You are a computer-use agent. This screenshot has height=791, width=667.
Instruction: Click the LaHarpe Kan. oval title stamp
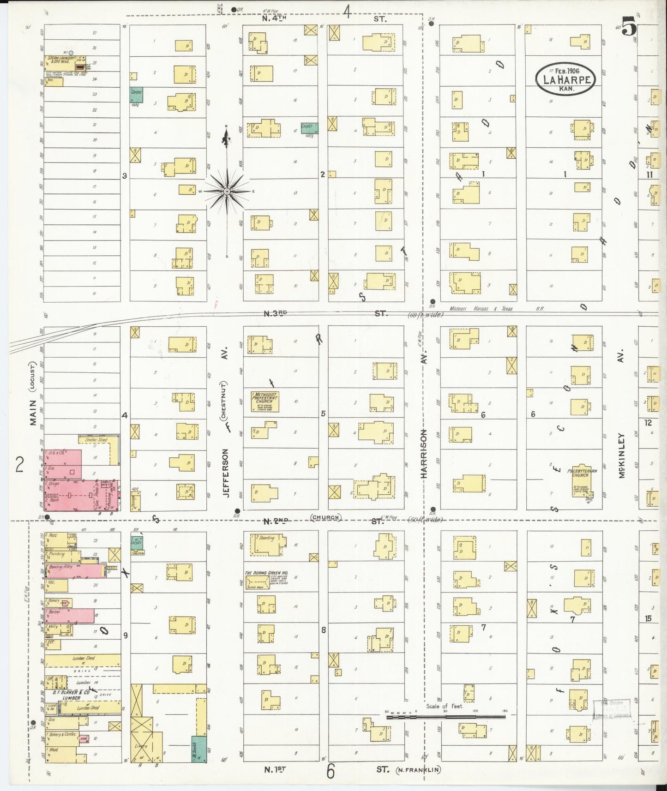click(x=565, y=79)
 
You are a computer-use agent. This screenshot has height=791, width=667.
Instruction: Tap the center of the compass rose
click(x=227, y=191)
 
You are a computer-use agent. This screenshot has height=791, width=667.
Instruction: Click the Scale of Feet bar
click(x=445, y=730)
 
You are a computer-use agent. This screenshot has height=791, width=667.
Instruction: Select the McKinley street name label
click(x=621, y=455)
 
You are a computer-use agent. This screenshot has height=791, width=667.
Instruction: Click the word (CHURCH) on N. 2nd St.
click(x=325, y=517)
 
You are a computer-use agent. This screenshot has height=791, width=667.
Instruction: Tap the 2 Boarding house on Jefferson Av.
click(x=268, y=544)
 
